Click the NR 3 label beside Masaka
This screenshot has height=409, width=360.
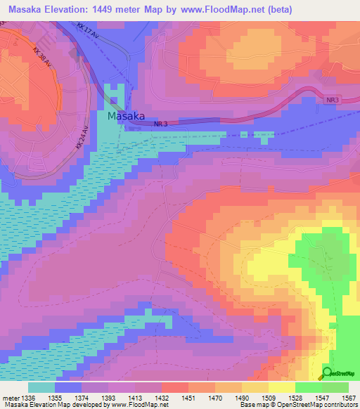click(x=160, y=124)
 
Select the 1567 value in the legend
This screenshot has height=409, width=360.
click(x=349, y=398)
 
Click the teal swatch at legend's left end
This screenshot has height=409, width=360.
click(x=41, y=387)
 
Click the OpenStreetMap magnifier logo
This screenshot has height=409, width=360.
click(x=327, y=373)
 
